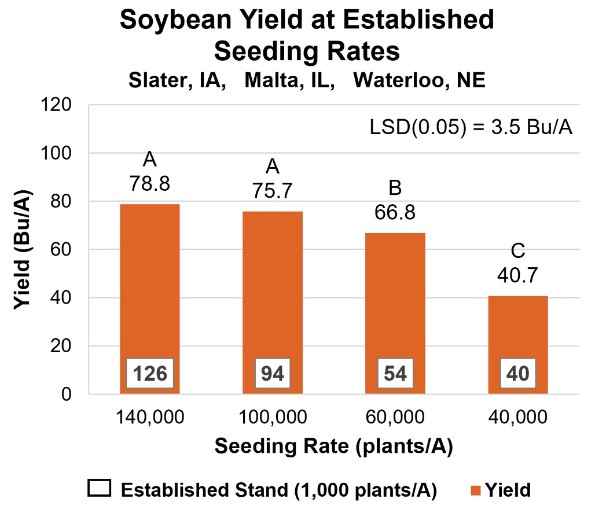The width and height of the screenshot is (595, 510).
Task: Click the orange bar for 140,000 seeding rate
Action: (x=150, y=289)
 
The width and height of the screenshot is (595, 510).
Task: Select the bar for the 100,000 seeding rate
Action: (x=272, y=289)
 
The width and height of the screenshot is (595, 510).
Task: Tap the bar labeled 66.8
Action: (x=395, y=301)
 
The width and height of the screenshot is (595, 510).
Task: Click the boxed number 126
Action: (x=150, y=374)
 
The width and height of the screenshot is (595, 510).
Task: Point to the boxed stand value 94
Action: (x=272, y=374)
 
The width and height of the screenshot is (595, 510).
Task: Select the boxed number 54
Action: (x=395, y=374)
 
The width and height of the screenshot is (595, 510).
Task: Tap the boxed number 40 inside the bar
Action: (x=517, y=374)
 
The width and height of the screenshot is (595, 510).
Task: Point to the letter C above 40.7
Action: (x=517, y=252)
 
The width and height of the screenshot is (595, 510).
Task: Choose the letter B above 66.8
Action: (x=395, y=189)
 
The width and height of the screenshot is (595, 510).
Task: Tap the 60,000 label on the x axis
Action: (x=395, y=417)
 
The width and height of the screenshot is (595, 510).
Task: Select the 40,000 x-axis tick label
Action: (x=517, y=417)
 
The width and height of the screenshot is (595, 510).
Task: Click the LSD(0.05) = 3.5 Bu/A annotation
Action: (x=471, y=128)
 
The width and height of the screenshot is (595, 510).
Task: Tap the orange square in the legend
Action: (x=475, y=490)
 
